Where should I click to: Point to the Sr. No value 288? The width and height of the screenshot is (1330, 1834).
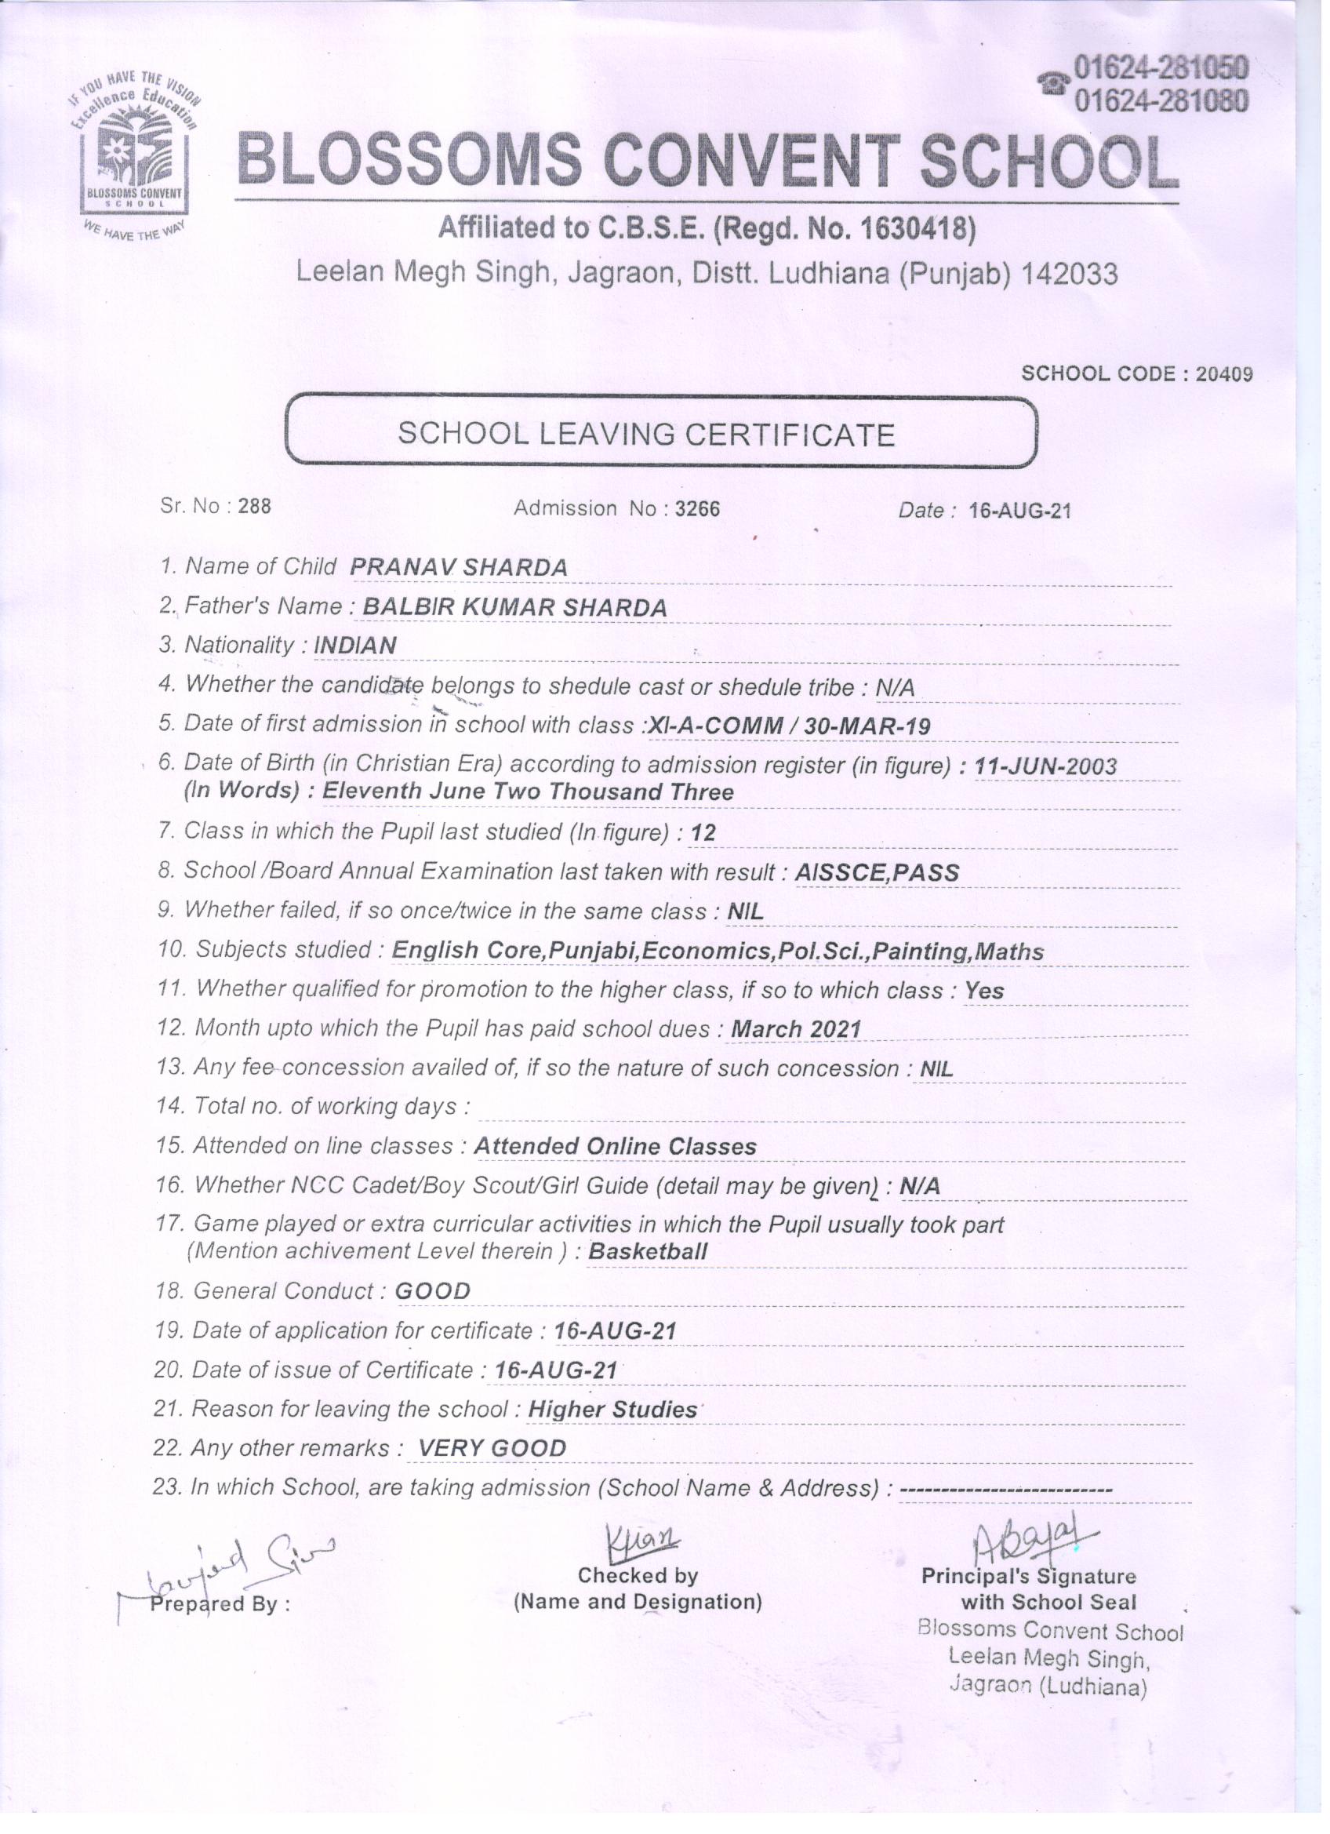[254, 507]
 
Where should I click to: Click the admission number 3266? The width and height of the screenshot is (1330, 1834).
[697, 508]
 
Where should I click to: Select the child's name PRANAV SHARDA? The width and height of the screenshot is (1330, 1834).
[459, 567]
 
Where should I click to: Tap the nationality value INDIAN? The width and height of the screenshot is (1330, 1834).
[355, 646]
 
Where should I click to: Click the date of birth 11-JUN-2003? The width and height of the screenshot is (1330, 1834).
[1046, 766]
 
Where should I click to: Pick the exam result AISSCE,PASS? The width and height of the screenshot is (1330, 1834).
[878, 872]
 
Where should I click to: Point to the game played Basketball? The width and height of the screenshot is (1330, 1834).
[648, 1252]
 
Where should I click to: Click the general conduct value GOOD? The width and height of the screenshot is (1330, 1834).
[433, 1290]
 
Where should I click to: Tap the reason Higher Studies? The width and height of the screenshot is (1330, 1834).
[612, 1410]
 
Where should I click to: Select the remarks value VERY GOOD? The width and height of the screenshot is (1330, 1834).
[492, 1447]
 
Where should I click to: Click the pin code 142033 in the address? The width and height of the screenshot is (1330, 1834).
[1069, 275]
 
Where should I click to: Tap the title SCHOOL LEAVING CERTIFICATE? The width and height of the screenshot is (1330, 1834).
[646, 435]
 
